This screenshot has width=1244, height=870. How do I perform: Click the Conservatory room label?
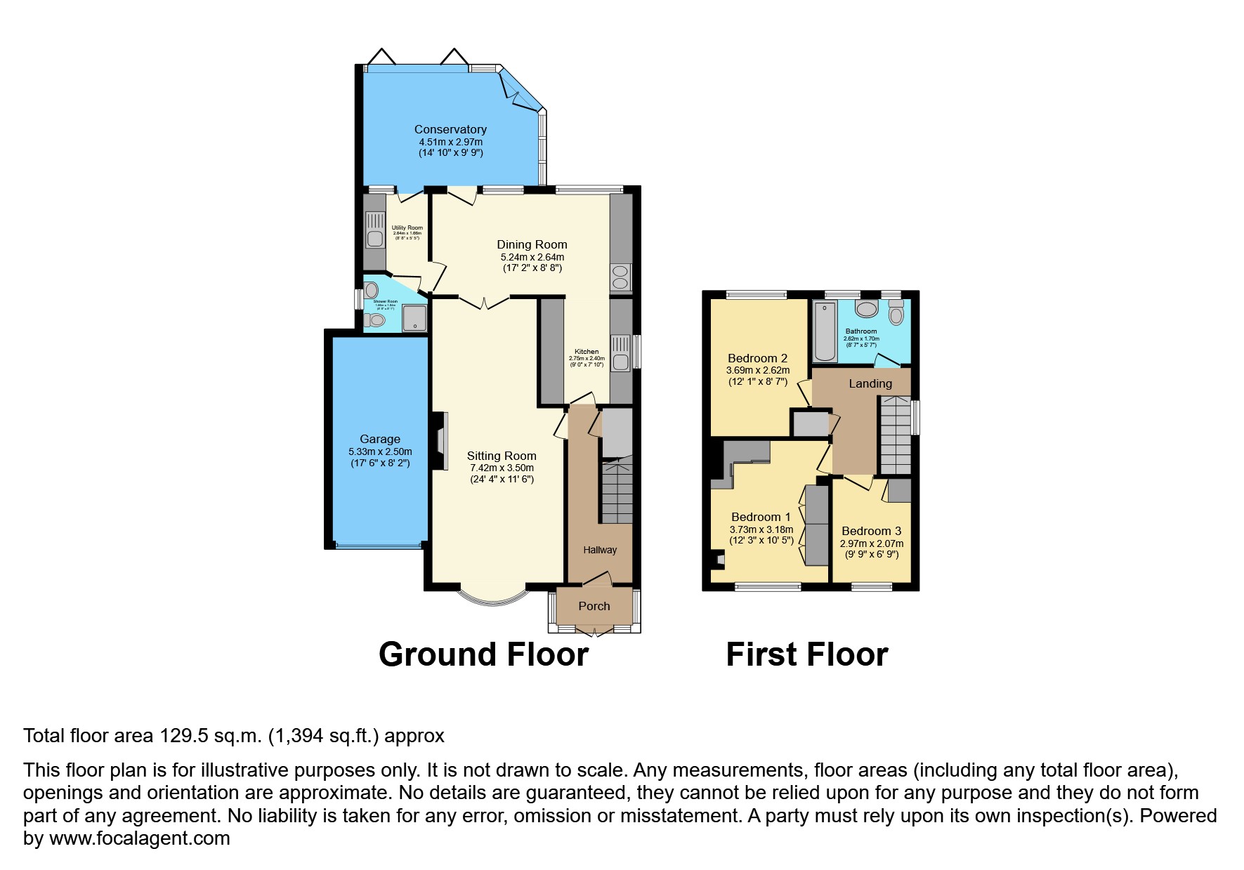(x=450, y=129)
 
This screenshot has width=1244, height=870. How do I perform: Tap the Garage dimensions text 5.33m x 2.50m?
(x=380, y=452)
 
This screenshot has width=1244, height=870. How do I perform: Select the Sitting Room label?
(x=502, y=456)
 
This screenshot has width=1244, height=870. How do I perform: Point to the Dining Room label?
(x=532, y=244)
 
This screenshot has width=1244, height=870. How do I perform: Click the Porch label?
(x=594, y=606)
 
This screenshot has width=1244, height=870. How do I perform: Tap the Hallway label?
(x=600, y=550)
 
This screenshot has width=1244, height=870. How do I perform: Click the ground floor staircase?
(x=615, y=492)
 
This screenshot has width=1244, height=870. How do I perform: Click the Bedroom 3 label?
(x=871, y=531)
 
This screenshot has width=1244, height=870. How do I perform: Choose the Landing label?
(x=870, y=383)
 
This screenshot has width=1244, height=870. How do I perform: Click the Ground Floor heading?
(x=483, y=654)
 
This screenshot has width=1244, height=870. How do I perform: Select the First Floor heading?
(x=806, y=654)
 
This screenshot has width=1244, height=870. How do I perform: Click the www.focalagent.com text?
(x=138, y=838)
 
